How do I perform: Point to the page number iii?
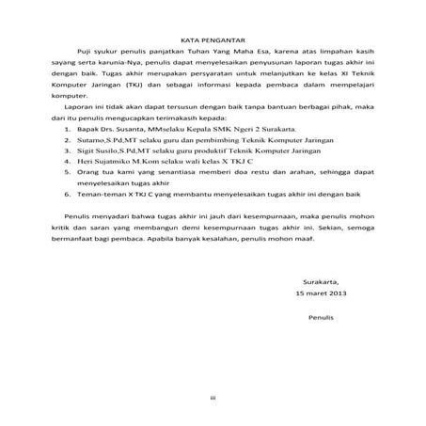(213, 400)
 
